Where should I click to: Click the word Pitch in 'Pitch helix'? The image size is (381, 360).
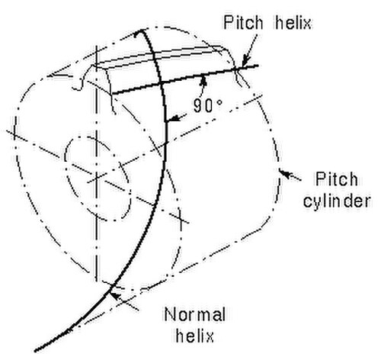point(243,22)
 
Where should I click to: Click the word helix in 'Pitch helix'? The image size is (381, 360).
point(293,22)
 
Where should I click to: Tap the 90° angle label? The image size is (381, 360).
point(208,105)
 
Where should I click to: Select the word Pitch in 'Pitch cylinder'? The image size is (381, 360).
point(337,179)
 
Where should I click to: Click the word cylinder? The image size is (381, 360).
point(337,201)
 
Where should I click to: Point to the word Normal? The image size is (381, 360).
point(195,314)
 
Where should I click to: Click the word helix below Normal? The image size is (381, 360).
point(195,336)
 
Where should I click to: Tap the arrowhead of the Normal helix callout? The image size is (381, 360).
point(116,296)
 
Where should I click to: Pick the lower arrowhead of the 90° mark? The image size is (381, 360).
point(171,119)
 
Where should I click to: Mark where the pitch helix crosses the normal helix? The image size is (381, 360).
point(161,83)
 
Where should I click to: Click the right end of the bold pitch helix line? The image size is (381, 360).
point(258,66)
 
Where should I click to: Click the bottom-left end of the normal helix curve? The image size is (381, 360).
point(35,351)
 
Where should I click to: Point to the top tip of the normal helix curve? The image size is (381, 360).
point(139,31)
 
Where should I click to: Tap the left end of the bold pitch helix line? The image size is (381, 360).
point(112,95)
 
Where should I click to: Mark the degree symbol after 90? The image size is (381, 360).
point(219,101)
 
